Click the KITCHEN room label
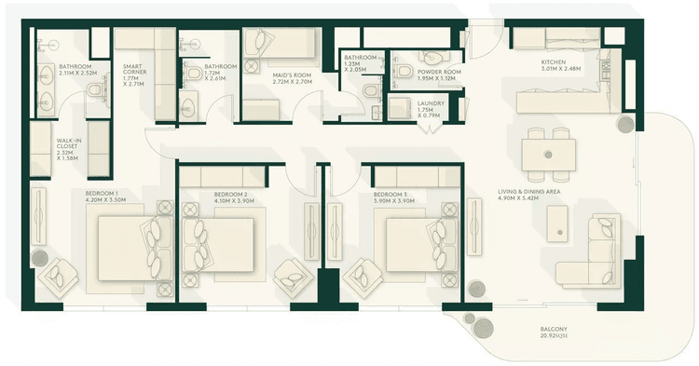pos(554,61)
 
